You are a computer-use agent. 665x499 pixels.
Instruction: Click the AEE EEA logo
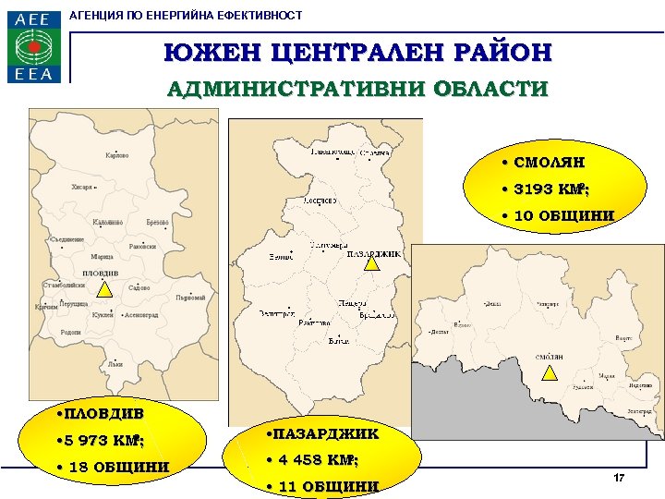point(35,46)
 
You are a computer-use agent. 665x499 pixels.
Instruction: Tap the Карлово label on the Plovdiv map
point(117,155)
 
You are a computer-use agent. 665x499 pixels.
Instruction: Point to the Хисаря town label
point(82,188)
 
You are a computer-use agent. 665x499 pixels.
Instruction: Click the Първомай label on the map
point(189,298)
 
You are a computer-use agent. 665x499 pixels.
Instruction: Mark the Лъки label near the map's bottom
point(115,364)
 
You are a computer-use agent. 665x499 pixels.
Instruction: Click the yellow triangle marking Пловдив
point(104,288)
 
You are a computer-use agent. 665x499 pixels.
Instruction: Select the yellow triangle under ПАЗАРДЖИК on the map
point(370,263)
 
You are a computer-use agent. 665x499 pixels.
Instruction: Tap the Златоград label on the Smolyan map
point(638,409)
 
